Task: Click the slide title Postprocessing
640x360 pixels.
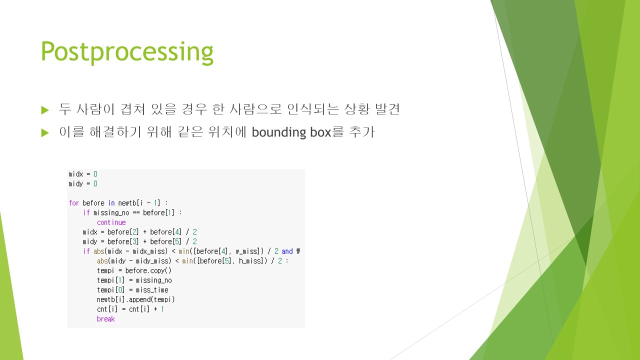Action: click(x=127, y=52)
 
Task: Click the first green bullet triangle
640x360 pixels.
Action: click(x=45, y=110)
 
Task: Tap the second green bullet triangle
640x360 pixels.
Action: click(x=45, y=133)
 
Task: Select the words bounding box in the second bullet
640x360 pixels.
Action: click(x=291, y=132)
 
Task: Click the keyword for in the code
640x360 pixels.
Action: click(x=73, y=203)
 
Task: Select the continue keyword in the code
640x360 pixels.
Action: click(x=111, y=222)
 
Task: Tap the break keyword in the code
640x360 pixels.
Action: click(x=105, y=319)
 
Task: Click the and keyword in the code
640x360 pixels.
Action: click(x=287, y=251)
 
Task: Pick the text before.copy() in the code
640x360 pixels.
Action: click(x=148, y=270)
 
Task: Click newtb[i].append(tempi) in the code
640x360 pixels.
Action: click(x=135, y=299)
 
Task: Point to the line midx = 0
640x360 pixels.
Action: click(x=83, y=174)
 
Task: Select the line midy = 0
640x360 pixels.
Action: click(x=83, y=183)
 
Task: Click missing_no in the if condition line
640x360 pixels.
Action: click(x=111, y=213)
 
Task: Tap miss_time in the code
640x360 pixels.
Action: click(x=152, y=290)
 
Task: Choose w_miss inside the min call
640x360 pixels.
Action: click(x=247, y=251)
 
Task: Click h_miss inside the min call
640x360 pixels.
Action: click(x=250, y=261)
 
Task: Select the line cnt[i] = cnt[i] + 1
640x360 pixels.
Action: click(x=130, y=309)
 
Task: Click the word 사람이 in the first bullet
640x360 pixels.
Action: click(x=95, y=109)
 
